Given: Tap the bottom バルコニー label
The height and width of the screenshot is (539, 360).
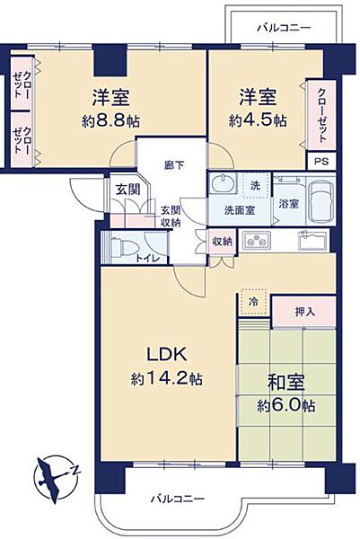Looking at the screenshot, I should pos(177,499).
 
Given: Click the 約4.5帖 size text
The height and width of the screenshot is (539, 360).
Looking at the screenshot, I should pos(262,120).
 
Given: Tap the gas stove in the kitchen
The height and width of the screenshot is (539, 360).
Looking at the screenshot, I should pos(252,240).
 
